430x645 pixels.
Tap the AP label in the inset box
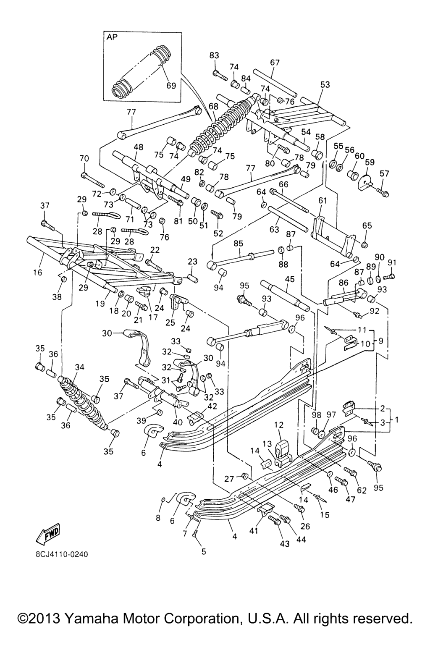tap(112, 37)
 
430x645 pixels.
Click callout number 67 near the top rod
tap(275, 62)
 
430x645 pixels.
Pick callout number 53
tap(325, 84)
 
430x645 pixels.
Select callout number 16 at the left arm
tap(37, 273)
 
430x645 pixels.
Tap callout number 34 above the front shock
tap(79, 367)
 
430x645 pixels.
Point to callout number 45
tap(289, 278)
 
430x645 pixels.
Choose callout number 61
tap(322, 201)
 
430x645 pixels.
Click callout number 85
tap(239, 243)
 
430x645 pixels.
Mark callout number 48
tap(138, 147)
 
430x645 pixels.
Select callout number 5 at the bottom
tap(204, 551)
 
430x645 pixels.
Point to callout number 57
tap(385, 173)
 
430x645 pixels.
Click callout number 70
tap(84, 158)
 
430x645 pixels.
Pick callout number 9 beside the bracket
tap(380, 341)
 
